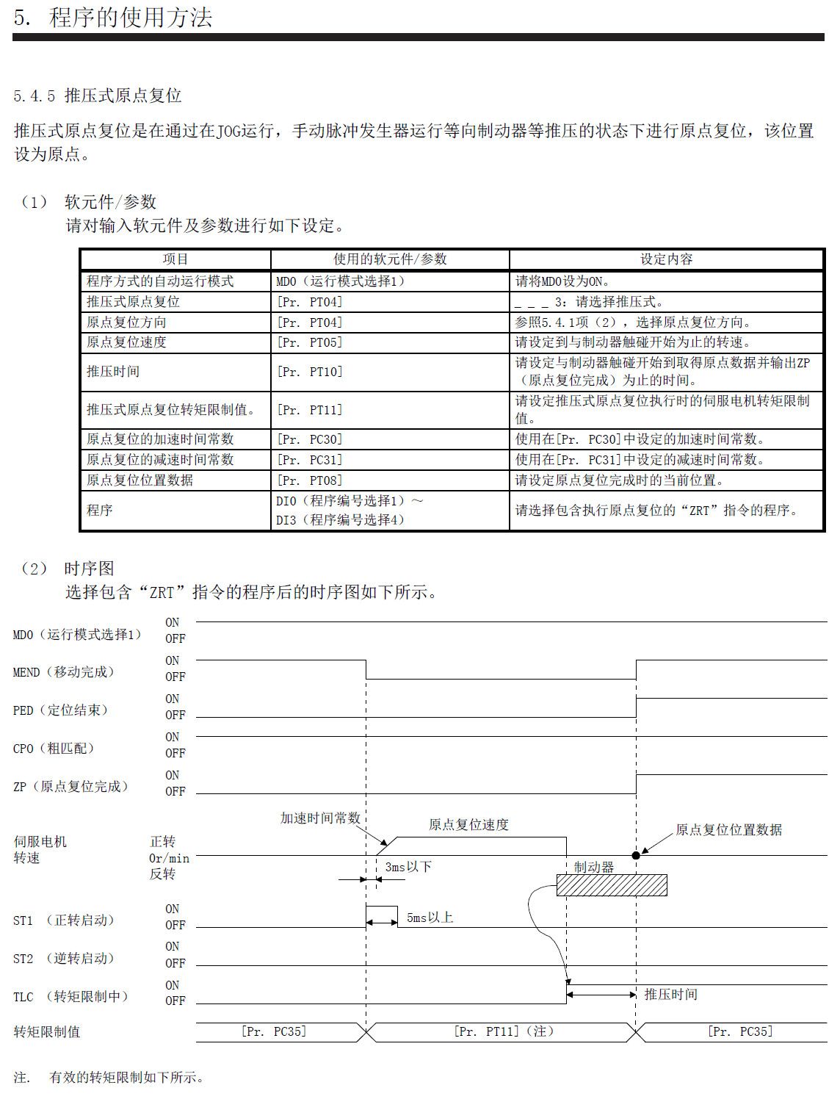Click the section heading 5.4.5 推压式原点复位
pos(98,96)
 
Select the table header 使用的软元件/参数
pos(390,259)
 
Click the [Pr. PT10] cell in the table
pos(310,372)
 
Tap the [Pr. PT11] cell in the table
pos(310,410)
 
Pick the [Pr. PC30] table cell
pos(310,439)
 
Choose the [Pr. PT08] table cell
pos(310,480)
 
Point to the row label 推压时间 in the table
pos(113,372)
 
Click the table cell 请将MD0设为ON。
pos(563,281)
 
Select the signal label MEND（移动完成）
pos(64,672)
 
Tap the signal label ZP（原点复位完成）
pos(70,787)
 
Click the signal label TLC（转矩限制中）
pos(70,997)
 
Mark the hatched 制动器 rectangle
pos(612,885)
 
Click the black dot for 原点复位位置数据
pos(636,855)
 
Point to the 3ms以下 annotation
pos(408,867)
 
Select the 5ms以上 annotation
pos(430,918)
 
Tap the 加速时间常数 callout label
pos(320,818)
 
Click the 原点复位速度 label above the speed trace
pos(468,825)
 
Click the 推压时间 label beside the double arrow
pos(671,995)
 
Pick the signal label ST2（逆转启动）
pos(64,959)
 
